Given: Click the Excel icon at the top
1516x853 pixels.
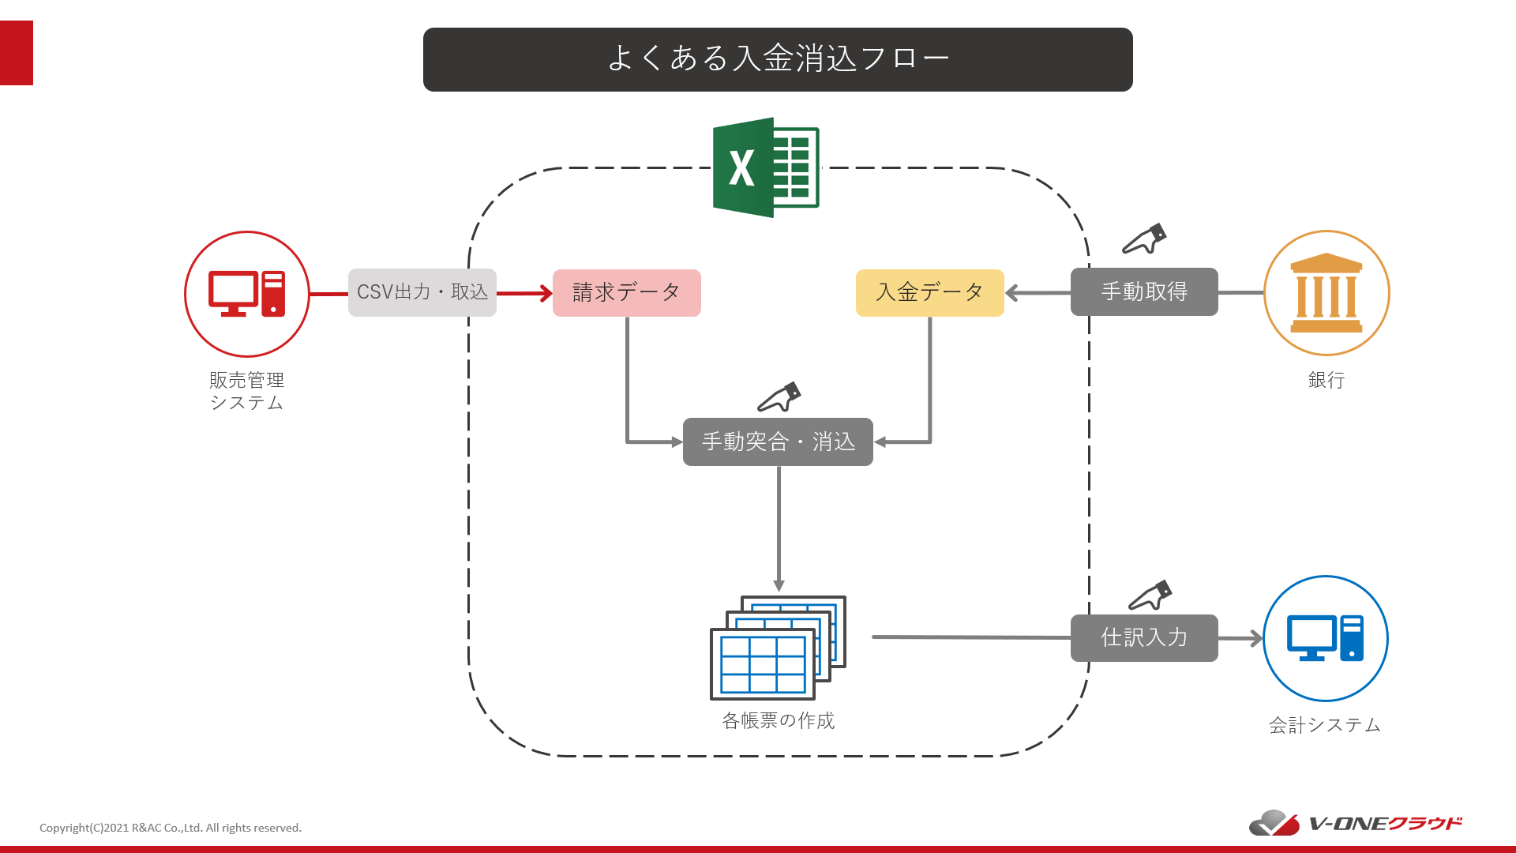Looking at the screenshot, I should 766,167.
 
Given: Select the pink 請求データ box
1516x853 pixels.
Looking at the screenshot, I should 626,293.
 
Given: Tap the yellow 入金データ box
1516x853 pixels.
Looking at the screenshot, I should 929,293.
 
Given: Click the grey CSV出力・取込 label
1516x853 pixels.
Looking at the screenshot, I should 422,292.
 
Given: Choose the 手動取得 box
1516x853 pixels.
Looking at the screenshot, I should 1144,292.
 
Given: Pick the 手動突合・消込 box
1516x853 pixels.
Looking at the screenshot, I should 778,442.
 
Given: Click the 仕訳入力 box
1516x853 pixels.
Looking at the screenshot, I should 1144,638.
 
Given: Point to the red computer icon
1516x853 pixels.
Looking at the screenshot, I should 247,294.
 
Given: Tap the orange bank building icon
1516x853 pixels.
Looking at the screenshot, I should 1326,293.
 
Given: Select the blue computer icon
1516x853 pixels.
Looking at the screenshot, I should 1326,638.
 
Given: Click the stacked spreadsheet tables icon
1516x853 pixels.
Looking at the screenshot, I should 778,648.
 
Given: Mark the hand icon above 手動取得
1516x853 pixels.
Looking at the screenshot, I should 1145,239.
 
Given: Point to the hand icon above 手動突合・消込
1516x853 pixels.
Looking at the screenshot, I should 779,397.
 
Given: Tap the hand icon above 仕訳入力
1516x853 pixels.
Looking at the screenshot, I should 1150,596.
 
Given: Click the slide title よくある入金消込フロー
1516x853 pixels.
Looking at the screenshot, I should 778,59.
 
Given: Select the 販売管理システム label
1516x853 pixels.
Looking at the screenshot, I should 246,391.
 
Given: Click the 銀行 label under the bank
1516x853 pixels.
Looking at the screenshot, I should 1326,380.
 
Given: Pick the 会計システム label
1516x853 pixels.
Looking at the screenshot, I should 1325,725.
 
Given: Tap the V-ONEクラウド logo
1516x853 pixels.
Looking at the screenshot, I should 1355,823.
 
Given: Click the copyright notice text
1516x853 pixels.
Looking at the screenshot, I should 171,828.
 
